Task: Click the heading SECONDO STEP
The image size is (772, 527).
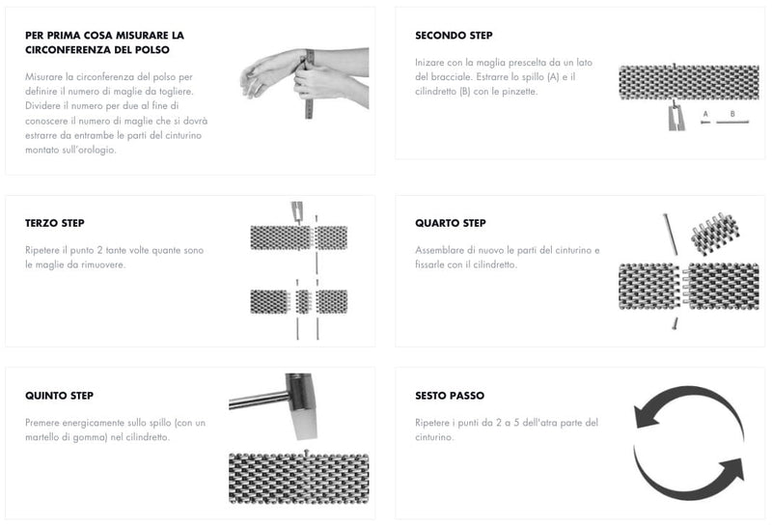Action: [x=454, y=36]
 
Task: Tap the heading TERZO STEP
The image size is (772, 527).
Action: [x=55, y=223]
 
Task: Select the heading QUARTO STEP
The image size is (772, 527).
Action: [x=451, y=223]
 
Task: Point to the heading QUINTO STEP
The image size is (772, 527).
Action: [x=59, y=396]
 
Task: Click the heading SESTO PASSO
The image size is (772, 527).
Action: [x=450, y=396]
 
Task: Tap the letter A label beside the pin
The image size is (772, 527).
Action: [x=705, y=114]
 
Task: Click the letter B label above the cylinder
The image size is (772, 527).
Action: [x=732, y=114]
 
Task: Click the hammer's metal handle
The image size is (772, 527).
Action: [x=258, y=400]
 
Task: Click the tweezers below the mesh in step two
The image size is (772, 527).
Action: [x=675, y=117]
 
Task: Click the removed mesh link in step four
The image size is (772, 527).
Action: [x=714, y=231]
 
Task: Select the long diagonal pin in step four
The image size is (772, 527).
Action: [x=670, y=235]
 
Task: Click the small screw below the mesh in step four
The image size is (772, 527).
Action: [x=675, y=323]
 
